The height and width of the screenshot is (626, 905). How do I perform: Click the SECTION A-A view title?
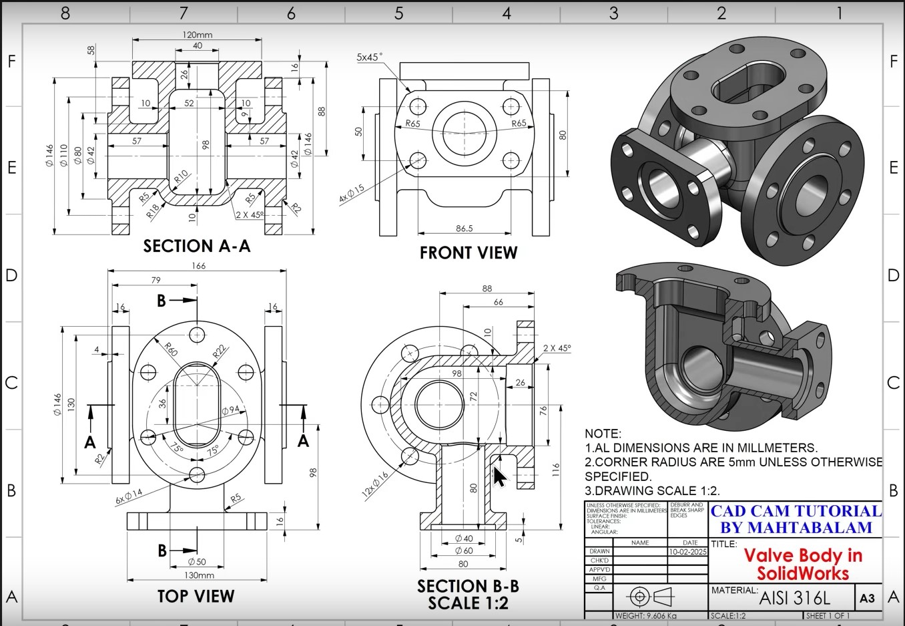click(x=197, y=247)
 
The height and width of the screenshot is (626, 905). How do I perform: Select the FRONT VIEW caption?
click(x=469, y=253)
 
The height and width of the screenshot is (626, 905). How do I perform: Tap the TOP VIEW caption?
click(x=196, y=597)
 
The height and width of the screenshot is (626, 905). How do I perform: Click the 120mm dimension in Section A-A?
click(x=197, y=35)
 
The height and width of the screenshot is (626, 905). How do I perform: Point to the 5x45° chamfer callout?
click(x=370, y=57)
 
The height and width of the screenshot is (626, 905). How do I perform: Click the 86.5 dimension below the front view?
click(x=465, y=228)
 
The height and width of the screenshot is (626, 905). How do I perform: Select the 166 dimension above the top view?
click(x=198, y=265)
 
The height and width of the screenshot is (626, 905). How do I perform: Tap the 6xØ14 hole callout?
click(x=129, y=496)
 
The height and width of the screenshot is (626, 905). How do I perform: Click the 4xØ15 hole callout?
click(x=352, y=194)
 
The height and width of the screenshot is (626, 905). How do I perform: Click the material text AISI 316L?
click(x=795, y=598)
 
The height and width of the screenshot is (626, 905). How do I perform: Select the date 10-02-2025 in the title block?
click(x=687, y=552)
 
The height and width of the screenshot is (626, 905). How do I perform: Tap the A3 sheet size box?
click(x=867, y=598)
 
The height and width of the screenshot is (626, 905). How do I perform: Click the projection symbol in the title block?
click(x=651, y=596)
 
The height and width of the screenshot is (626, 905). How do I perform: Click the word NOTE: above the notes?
click(x=603, y=434)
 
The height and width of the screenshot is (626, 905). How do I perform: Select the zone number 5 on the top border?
click(x=398, y=13)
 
